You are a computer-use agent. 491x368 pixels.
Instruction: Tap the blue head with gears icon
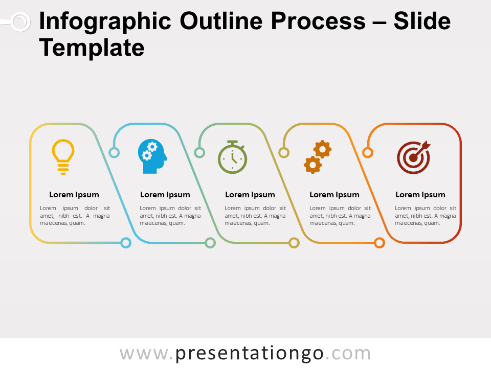coord(152,156)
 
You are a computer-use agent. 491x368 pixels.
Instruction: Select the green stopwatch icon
coord(233,157)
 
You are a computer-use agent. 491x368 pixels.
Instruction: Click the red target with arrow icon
coord(414,157)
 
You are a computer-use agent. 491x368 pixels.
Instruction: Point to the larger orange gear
coord(313,165)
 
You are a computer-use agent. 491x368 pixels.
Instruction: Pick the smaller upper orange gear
coord(322,149)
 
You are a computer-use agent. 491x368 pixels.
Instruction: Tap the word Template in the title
coord(92,48)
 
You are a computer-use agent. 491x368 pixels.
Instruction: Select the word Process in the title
coord(319,21)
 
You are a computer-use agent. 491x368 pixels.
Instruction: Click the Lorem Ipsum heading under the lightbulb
coord(74,195)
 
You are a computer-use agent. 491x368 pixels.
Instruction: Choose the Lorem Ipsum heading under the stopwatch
coord(250,195)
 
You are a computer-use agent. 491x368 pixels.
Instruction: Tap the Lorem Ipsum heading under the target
coord(420,195)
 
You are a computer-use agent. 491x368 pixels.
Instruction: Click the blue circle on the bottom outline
coord(126,243)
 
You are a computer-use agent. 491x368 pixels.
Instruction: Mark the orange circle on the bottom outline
coord(380,243)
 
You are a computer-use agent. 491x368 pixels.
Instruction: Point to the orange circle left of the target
coord(367,152)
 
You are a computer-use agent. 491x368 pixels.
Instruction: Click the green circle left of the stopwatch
coord(199,152)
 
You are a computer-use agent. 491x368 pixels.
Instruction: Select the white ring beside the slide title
coord(19,22)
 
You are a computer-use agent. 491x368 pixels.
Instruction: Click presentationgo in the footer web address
coord(250,354)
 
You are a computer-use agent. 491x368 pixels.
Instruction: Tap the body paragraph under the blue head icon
coord(170,216)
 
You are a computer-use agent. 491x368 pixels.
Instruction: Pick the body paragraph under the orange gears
coord(340,216)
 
